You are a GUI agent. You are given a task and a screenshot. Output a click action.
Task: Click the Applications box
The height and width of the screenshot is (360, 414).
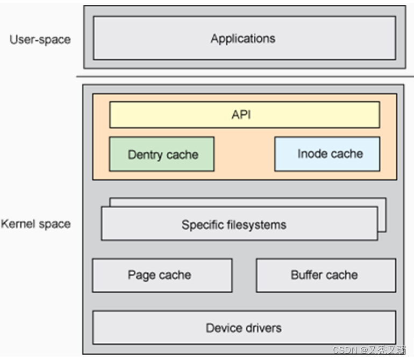[244, 38]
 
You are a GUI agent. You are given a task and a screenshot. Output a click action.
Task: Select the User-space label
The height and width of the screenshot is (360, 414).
[40, 39]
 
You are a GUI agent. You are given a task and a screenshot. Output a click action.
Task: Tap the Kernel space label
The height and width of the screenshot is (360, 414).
[36, 224]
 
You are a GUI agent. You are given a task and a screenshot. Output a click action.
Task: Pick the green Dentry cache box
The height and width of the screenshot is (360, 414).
[162, 154]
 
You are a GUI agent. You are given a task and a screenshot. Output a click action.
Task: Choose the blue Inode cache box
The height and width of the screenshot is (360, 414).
[327, 154]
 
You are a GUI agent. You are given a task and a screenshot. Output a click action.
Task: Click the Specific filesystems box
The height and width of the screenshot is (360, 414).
[239, 224]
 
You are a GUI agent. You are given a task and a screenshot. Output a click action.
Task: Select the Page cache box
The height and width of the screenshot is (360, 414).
[162, 275]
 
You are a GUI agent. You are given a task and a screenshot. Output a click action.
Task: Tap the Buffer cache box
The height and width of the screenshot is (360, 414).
[326, 275]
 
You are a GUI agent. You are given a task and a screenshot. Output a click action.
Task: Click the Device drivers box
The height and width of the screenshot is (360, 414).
[244, 327]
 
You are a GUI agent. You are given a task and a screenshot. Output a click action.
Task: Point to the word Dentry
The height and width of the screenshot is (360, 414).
[145, 155]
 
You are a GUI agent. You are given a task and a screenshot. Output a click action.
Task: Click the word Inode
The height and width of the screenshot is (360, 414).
[312, 154]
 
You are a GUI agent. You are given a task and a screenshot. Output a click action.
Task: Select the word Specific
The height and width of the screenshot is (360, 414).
[201, 224]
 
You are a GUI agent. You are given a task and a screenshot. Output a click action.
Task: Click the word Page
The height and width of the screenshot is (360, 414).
[141, 275]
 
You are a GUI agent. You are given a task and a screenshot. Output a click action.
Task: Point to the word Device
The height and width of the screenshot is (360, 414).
[223, 327]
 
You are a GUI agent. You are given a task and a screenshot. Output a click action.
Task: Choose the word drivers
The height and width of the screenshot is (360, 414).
[262, 327]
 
